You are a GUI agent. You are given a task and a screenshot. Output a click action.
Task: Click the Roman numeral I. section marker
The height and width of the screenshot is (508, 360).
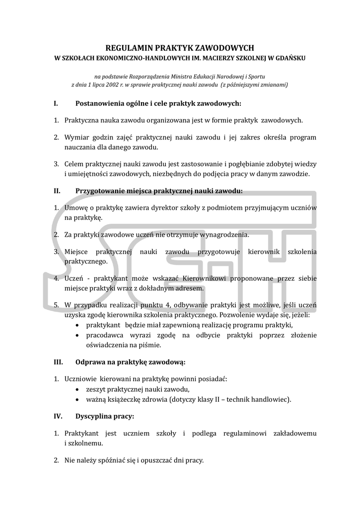[x=56, y=104]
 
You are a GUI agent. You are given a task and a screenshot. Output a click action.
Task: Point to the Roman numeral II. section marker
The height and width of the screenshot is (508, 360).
[x=57, y=190]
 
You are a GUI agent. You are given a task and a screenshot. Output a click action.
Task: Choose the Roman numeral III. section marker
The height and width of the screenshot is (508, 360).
[x=58, y=362]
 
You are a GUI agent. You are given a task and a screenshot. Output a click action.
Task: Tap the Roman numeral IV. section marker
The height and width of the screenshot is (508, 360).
[x=58, y=416]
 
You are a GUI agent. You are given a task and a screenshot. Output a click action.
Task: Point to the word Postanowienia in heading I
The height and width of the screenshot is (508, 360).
[x=101, y=104]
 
